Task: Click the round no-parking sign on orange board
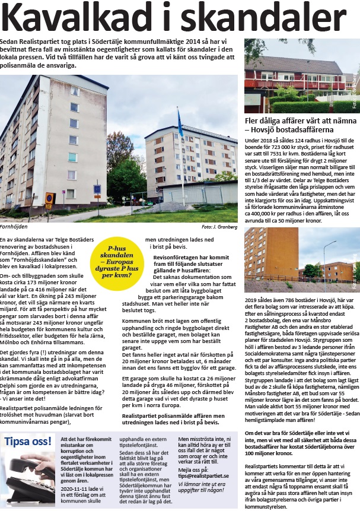click(x=50, y=198)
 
